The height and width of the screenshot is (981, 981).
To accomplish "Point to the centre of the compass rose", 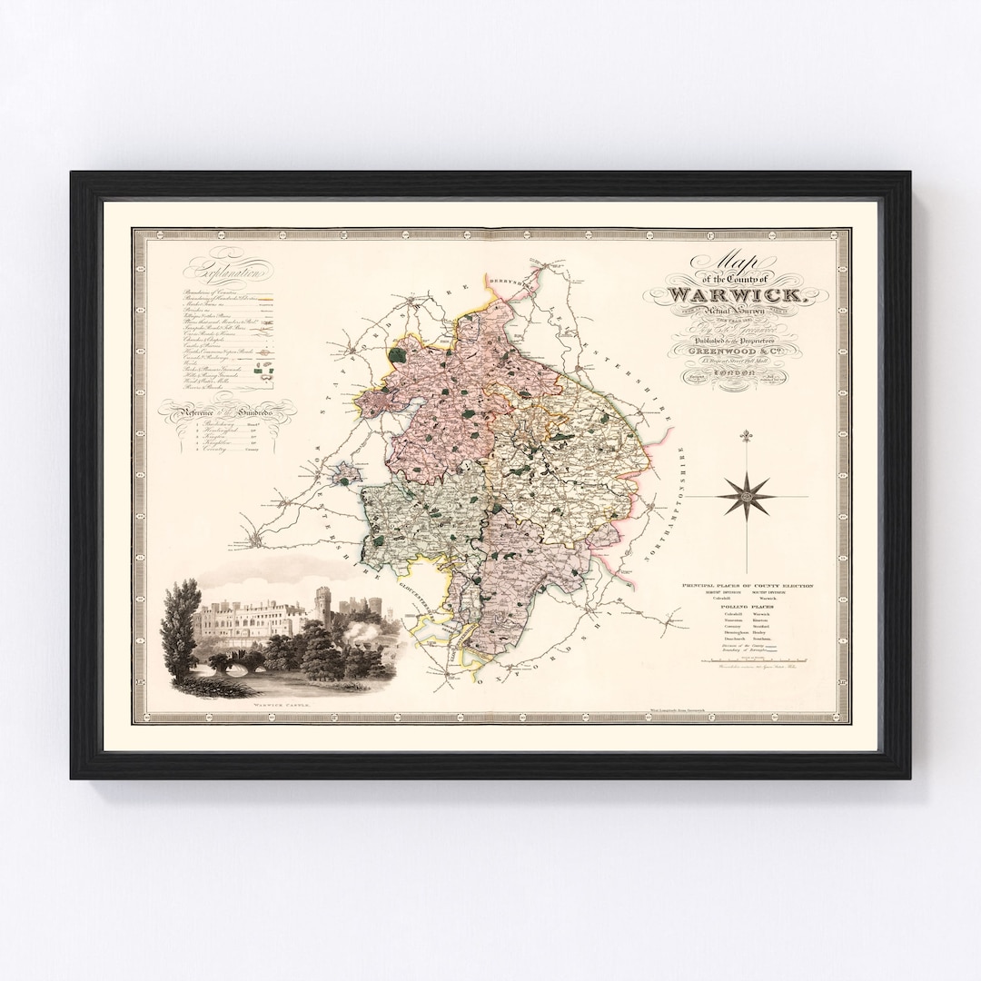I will click(748, 496).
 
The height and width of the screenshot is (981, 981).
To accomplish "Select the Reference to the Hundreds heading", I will click(228, 413).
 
